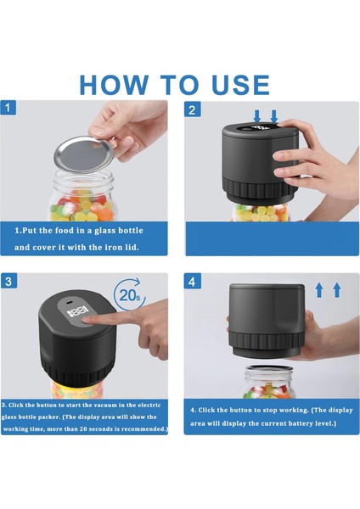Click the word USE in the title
click(240, 85)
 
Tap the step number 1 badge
click(8, 108)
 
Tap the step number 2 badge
click(192, 109)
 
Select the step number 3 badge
click(8, 281)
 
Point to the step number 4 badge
click(192, 281)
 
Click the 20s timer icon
click(129, 294)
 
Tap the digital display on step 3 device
click(77, 311)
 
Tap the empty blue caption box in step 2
click(273, 238)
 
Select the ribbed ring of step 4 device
click(266, 340)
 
